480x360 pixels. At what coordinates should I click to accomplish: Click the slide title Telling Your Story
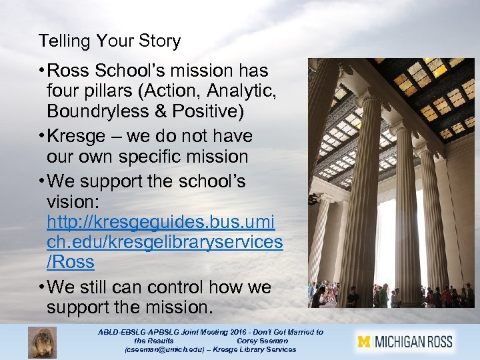pos(109,41)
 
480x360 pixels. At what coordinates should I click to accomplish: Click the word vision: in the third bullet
pos(74,201)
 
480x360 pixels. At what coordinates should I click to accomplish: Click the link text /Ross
pos(70,262)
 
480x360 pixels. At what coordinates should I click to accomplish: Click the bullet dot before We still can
pos(41,288)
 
